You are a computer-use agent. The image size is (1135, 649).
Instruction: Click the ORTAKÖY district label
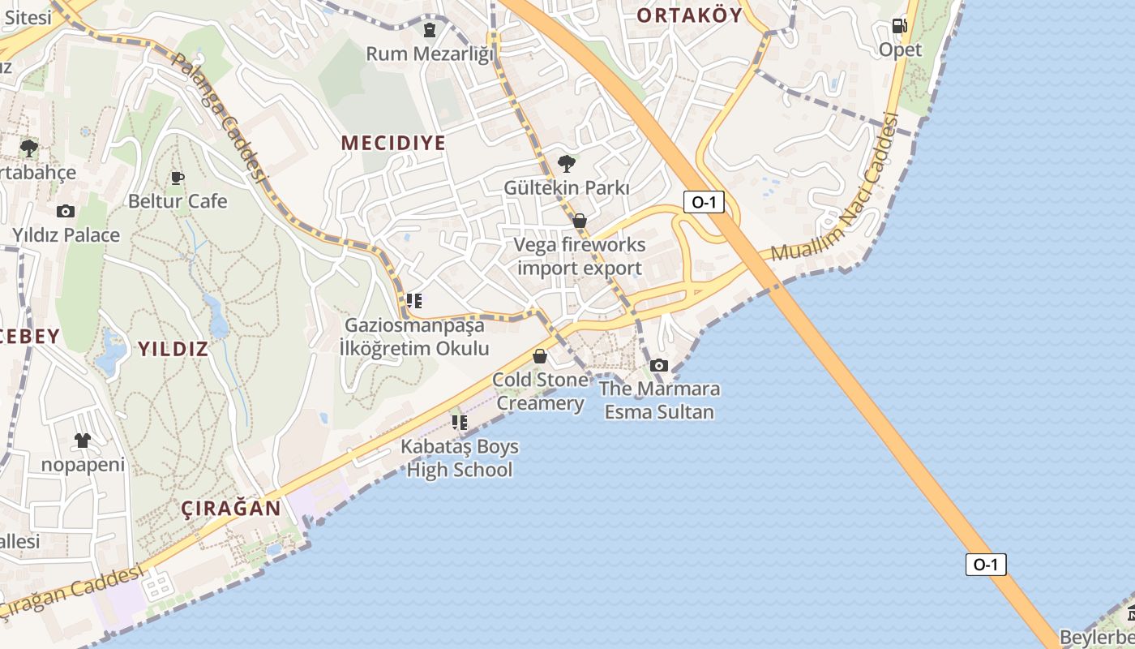pyautogui.click(x=689, y=15)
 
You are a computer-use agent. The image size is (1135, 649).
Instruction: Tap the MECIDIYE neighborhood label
pyautogui.click(x=393, y=143)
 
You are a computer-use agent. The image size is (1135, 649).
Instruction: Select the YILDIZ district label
pyautogui.click(x=173, y=349)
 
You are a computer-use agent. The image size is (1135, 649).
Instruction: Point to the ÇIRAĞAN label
pyautogui.click(x=231, y=509)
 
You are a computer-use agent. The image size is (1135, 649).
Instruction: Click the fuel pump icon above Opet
pyautogui.click(x=899, y=26)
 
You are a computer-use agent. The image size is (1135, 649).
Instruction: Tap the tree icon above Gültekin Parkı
pyautogui.click(x=567, y=164)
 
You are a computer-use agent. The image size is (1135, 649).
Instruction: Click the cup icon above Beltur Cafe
pyautogui.click(x=178, y=178)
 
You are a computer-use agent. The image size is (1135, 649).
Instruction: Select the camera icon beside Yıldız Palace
pyautogui.click(x=66, y=212)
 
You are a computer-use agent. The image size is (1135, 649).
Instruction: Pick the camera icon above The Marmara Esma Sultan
pyautogui.click(x=659, y=365)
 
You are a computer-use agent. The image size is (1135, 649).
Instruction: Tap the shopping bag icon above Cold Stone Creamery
pyautogui.click(x=540, y=356)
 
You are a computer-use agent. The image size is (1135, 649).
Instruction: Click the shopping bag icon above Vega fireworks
pyautogui.click(x=580, y=221)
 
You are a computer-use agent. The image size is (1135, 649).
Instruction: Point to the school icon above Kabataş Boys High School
pyautogui.click(x=460, y=423)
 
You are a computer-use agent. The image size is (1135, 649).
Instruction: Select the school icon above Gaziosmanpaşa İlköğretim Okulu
pyautogui.click(x=414, y=302)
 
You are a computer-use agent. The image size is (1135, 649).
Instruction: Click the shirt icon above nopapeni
pyautogui.click(x=83, y=441)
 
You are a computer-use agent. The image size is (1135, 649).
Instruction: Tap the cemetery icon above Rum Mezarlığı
pyautogui.click(x=429, y=31)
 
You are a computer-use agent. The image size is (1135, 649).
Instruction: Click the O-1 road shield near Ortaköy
pyautogui.click(x=704, y=202)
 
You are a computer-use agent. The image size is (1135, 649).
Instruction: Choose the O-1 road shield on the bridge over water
pyautogui.click(x=986, y=565)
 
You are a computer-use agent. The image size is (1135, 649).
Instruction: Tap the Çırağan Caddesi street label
pyautogui.click(x=73, y=591)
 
